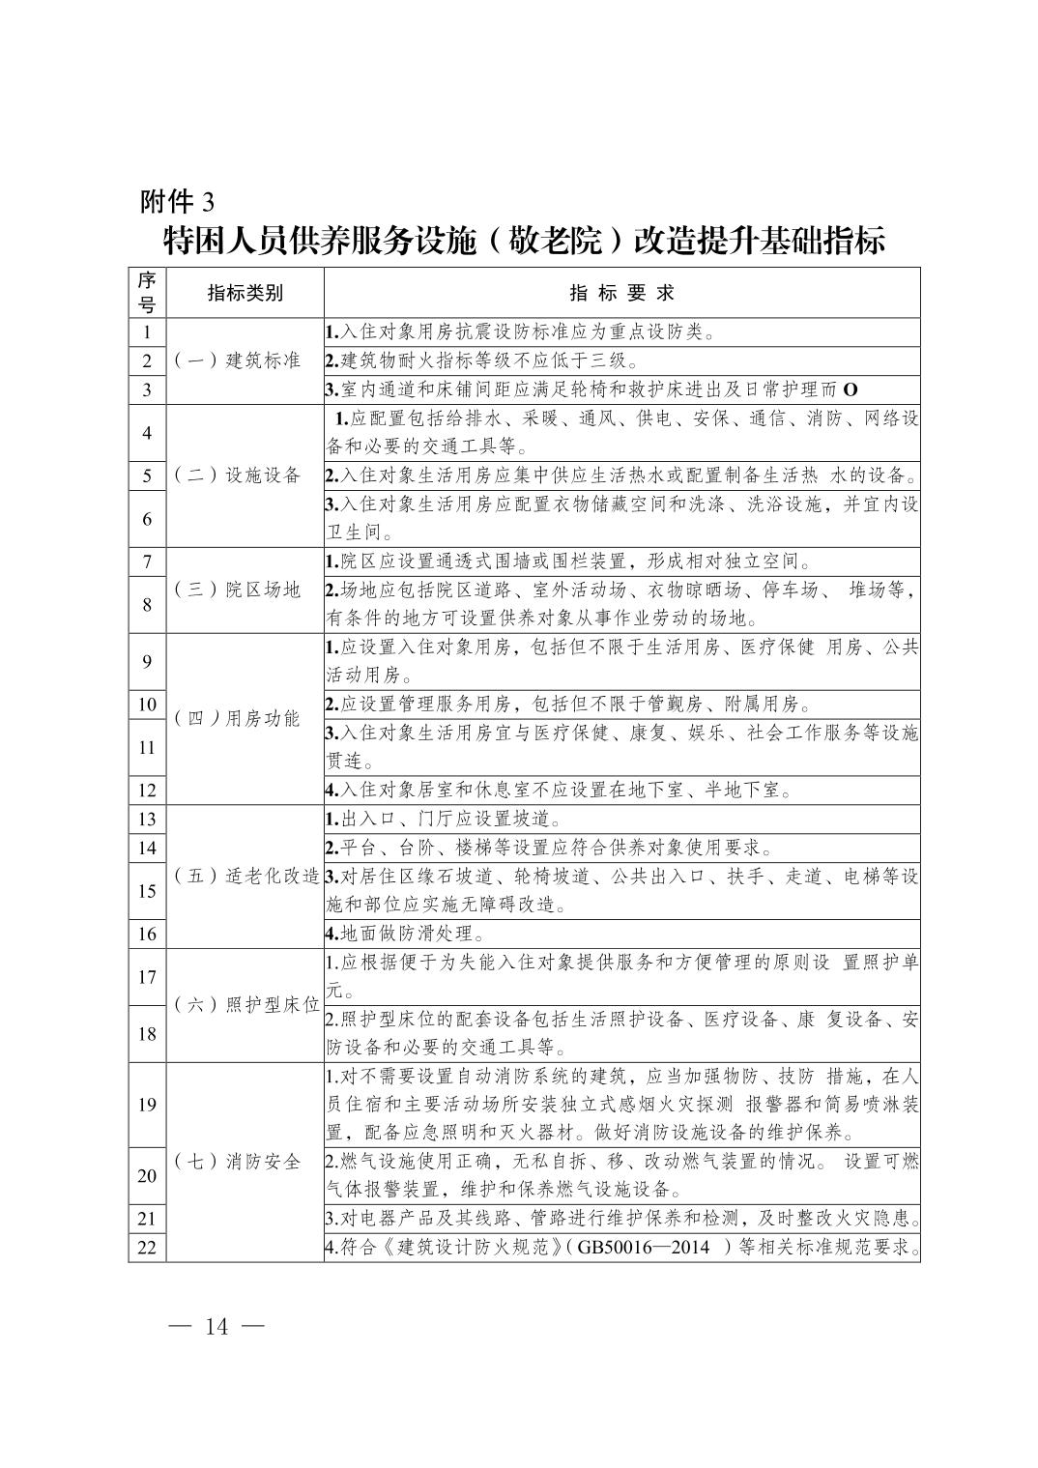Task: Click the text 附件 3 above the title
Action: [176, 201]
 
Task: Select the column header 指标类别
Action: [245, 293]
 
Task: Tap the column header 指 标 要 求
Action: [621, 293]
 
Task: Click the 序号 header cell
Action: [147, 293]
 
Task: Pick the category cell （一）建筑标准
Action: [238, 360]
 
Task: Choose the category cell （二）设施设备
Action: [238, 475]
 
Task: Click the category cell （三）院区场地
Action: [238, 590]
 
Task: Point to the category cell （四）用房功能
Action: [238, 718]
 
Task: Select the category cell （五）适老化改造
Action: [245, 876]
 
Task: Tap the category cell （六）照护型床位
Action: [245, 1005]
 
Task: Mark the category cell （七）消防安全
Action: [238, 1162]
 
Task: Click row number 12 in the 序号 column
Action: [147, 790]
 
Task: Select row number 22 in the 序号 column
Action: [147, 1248]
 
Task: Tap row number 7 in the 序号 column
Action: [147, 561]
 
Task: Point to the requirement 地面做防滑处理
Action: [406, 934]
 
